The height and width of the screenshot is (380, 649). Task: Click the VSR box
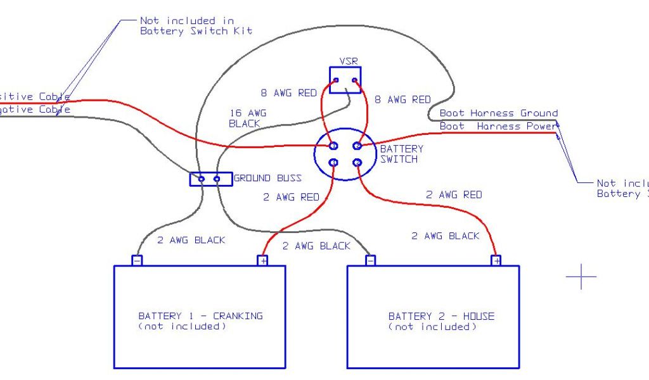(346, 80)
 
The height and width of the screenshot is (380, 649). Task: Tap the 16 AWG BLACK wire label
(248, 118)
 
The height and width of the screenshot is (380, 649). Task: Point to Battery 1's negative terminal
(137, 260)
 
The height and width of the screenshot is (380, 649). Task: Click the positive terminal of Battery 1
(262, 260)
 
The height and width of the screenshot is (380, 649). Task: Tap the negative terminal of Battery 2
(371, 260)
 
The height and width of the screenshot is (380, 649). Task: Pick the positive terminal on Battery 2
(496, 260)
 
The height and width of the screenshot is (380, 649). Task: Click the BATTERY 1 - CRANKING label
(200, 316)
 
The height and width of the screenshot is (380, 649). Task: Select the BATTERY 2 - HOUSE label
(441, 316)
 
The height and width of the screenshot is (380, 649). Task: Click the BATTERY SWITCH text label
(401, 154)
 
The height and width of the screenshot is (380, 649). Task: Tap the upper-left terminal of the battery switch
(333, 146)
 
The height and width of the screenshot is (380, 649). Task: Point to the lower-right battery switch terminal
(357, 163)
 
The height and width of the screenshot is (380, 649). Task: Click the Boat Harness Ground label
(499, 113)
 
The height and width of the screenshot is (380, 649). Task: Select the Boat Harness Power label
(498, 126)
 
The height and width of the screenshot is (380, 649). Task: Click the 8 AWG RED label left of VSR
(288, 93)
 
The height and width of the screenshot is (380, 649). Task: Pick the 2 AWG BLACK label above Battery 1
(191, 240)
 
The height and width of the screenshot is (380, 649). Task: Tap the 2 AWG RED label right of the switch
(454, 194)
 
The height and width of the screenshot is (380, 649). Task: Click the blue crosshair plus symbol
(581, 276)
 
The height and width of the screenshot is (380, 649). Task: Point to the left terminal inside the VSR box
(337, 80)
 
